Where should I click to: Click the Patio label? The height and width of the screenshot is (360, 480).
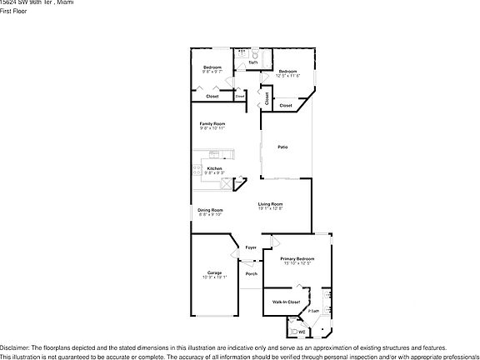[282, 147]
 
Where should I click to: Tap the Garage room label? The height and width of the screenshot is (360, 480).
[214, 272]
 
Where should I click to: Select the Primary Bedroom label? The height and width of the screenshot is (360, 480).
[297, 259]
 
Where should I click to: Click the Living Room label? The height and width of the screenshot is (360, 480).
[270, 204]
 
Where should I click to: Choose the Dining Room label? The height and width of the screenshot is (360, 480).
[210, 209]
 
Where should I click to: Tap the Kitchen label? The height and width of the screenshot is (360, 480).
[215, 168]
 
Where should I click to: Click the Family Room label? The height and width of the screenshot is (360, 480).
[212, 123]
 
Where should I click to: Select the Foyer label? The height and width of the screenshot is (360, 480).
[251, 248]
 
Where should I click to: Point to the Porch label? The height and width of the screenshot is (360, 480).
[251, 273]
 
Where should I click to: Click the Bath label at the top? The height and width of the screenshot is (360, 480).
[253, 62]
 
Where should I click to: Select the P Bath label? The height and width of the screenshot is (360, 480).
[313, 311]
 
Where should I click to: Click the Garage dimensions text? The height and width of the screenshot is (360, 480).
[214, 277]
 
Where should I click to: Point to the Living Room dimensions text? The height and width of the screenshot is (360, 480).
[270, 209]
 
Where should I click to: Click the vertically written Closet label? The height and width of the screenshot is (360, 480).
[267, 97]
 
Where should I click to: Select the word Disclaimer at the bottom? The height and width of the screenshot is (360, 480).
[14, 347]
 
